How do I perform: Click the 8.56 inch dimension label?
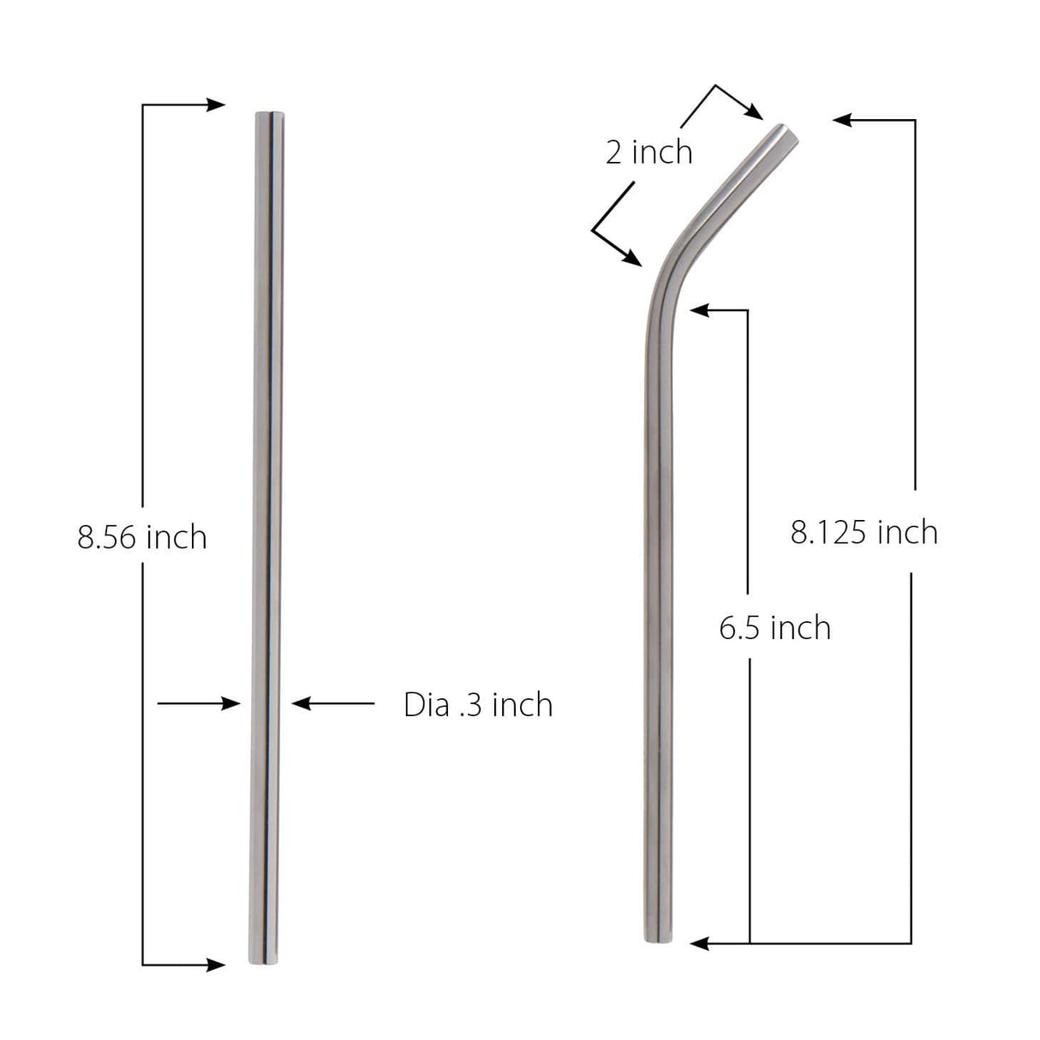[142, 538]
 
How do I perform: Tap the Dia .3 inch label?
[478, 705]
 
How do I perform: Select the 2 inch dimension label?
[649, 152]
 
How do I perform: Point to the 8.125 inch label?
[864, 533]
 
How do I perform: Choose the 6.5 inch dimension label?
[775, 628]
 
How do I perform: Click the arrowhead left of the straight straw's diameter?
[232, 704]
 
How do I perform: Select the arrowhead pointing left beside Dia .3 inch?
[301, 704]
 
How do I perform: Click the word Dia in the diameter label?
[426, 705]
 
